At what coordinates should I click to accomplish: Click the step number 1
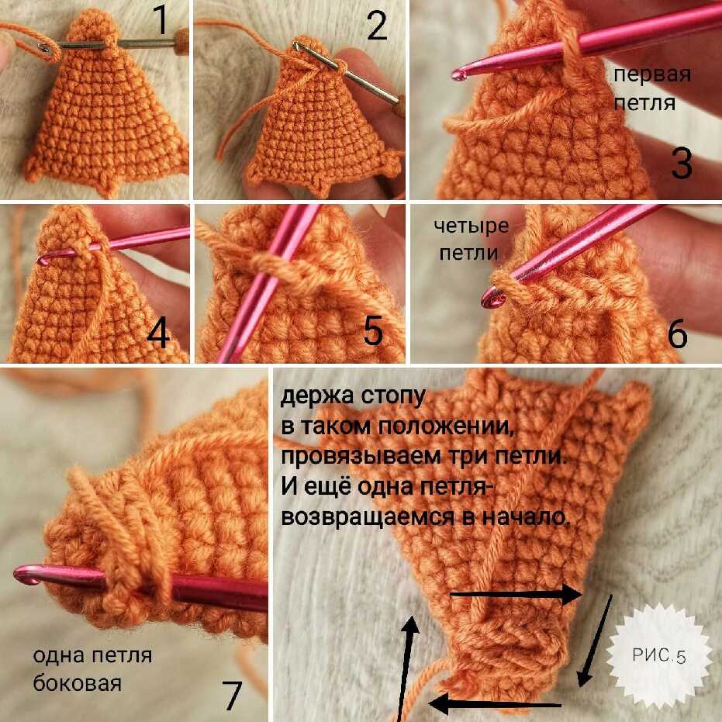tap(161, 20)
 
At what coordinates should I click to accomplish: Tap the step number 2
tap(377, 26)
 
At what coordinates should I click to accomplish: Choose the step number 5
tap(373, 330)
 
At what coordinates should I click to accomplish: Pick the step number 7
tap(232, 695)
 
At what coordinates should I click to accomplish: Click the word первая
tap(652, 75)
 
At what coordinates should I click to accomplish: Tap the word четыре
tap(471, 226)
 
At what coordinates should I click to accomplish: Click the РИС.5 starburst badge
tap(659, 655)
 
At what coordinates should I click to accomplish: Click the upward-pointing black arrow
tap(406, 668)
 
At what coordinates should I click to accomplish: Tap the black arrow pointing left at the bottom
tap(495, 703)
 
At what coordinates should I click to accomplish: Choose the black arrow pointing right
tap(516, 594)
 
